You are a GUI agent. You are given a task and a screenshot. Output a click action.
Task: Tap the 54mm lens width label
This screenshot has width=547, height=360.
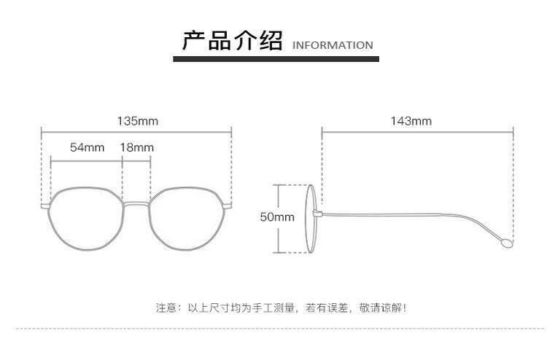[87, 147]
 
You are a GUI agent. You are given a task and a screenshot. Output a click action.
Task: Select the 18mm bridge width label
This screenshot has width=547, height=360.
[136, 147]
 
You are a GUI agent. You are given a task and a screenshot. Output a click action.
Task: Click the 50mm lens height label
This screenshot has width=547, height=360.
[276, 217]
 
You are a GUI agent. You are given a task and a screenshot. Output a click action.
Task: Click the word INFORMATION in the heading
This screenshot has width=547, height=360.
[332, 45]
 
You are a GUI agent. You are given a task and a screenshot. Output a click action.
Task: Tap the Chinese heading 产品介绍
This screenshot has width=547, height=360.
[232, 40]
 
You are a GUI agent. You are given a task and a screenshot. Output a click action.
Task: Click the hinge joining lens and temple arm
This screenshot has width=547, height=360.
[317, 214]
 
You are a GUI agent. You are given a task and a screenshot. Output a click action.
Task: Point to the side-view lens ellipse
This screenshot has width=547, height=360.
[310, 218]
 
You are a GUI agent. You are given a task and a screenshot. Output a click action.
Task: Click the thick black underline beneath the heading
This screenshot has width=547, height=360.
[277, 64]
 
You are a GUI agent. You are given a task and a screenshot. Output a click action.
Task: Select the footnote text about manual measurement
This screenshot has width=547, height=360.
[281, 308]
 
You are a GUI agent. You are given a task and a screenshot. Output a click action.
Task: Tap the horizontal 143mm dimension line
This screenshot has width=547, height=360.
[418, 132]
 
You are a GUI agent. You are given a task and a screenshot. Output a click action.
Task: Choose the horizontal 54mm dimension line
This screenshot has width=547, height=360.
[86, 157]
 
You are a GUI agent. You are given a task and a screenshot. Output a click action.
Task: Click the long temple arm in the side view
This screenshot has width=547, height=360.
[408, 216]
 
